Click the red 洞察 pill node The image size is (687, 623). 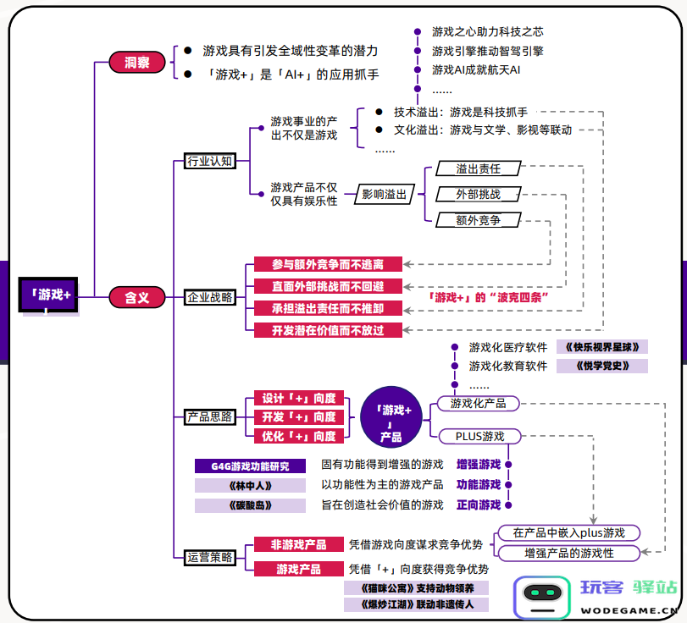(137, 62)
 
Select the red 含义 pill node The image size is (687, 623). (137, 297)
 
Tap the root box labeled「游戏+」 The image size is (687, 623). (48, 295)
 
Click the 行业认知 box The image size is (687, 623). (210, 161)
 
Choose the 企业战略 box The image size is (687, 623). (210, 298)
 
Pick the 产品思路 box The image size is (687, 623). (210, 416)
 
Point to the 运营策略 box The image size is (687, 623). (210, 557)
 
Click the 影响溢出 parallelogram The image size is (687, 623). (385, 194)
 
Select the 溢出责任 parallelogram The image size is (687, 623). (479, 168)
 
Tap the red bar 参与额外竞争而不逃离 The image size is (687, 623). (328, 264)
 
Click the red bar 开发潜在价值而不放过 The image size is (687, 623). (328, 330)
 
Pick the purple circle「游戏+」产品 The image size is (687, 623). (391, 417)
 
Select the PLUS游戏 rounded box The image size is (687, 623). (479, 437)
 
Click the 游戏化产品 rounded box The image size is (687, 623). (479, 403)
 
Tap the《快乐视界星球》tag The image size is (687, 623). (602, 347)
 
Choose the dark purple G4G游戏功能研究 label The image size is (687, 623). (250, 466)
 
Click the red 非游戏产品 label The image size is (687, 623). (299, 544)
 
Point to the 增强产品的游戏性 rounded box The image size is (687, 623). (569, 553)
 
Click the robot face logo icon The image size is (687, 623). (542, 597)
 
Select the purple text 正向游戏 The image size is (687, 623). (479, 504)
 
